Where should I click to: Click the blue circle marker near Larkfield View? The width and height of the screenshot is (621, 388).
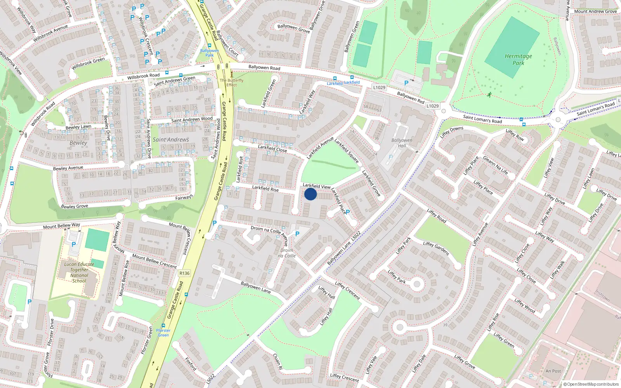(310, 194)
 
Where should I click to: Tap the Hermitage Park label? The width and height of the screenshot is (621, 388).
(518, 59)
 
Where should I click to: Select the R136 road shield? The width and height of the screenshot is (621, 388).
(184, 273)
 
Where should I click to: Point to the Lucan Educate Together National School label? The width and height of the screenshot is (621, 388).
(79, 272)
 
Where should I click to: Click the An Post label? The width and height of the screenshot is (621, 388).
(553, 371)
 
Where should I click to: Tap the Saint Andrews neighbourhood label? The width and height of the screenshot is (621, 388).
(171, 140)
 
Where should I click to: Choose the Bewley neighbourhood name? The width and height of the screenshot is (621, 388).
(78, 143)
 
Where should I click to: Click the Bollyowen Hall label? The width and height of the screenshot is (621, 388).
(402, 143)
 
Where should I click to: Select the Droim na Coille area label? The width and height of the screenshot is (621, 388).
(287, 253)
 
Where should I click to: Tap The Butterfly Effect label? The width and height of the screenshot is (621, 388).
(232, 83)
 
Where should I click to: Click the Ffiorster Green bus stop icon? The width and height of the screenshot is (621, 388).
(163, 326)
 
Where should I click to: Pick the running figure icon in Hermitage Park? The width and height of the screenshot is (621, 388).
(489, 95)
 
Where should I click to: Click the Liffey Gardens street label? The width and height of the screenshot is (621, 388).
(436, 248)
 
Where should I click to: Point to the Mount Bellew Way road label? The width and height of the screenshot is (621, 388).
(61, 226)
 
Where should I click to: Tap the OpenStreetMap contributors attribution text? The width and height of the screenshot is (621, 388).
(591, 384)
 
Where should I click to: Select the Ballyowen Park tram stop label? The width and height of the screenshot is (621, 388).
(210, 53)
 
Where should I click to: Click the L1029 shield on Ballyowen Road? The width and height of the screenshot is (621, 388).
(379, 87)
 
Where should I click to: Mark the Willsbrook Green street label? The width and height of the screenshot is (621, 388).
(88, 63)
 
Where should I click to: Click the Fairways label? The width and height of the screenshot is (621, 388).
(184, 197)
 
